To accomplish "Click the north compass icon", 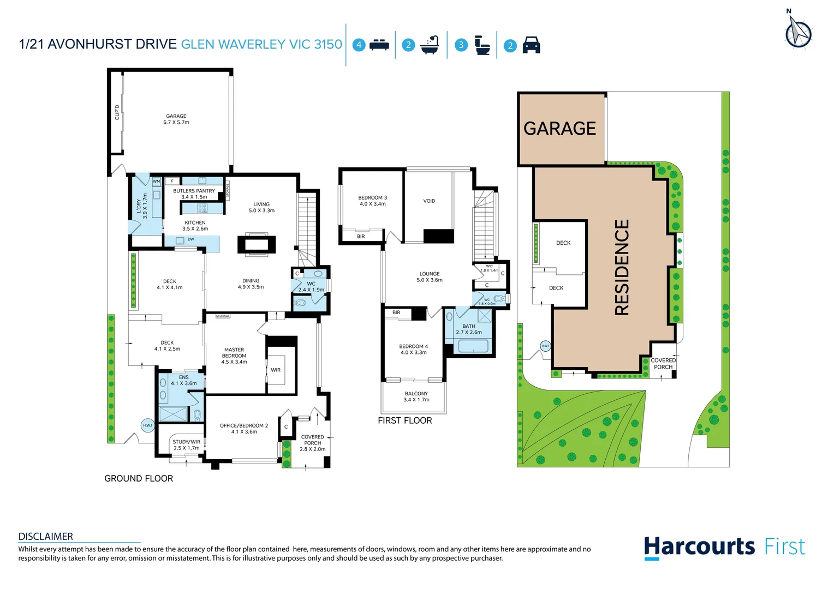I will click(x=798, y=32).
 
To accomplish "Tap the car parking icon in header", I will click(x=531, y=45).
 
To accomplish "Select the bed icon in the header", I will click(x=379, y=45).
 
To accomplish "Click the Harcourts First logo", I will click(x=724, y=547).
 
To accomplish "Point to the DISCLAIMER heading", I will click(x=46, y=537).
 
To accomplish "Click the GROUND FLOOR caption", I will click(x=139, y=479).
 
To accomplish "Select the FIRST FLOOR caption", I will click(x=404, y=420).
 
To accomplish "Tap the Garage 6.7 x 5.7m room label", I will click(x=176, y=119).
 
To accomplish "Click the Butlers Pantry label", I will click(x=194, y=194).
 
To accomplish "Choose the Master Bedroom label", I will click(x=234, y=356).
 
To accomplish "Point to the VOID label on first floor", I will click(x=429, y=201).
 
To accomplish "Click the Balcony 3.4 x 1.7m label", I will click(x=416, y=396).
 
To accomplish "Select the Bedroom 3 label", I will click(x=372, y=201).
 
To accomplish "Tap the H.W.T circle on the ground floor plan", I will click(x=148, y=425).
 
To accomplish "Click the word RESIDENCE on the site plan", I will click(x=622, y=267).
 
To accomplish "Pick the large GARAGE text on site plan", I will click(x=559, y=129).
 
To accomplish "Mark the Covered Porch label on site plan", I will click(x=663, y=364).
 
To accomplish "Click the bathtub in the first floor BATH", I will click(x=473, y=346).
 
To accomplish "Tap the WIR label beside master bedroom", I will click(x=276, y=370).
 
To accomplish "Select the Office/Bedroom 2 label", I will click(x=244, y=429).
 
